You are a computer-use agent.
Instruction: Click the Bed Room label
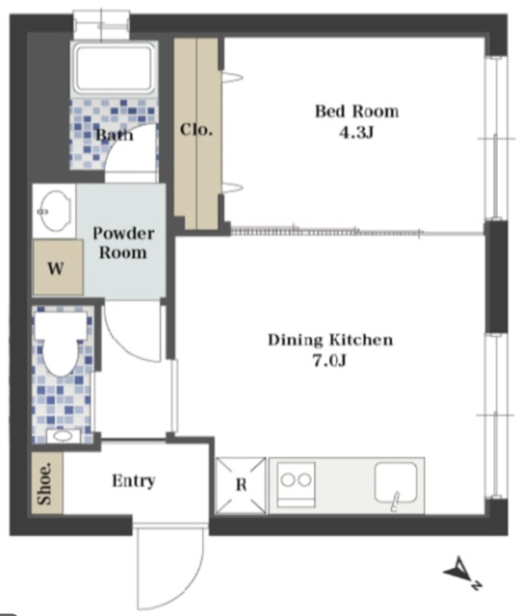click(x=356, y=112)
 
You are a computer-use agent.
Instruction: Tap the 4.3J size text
click(x=356, y=133)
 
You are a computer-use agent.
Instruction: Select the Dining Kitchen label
click(x=330, y=340)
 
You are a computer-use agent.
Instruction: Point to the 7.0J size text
click(x=329, y=360)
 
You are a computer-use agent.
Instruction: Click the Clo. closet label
click(x=196, y=130)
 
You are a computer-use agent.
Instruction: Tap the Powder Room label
click(x=123, y=244)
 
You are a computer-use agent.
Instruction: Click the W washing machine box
click(x=58, y=268)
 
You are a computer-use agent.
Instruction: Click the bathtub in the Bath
click(x=114, y=68)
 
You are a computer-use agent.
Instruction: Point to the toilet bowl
click(x=61, y=343)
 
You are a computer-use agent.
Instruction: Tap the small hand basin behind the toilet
click(x=63, y=436)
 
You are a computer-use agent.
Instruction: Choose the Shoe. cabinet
click(x=47, y=483)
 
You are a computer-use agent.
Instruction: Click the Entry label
click(x=134, y=481)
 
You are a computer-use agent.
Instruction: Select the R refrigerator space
click(x=241, y=485)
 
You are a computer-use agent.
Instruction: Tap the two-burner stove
click(x=297, y=484)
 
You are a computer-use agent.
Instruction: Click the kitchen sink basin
click(x=396, y=482)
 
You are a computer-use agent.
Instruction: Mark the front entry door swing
click(x=169, y=568)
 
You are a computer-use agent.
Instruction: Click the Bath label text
click(x=115, y=135)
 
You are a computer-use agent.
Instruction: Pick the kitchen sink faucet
click(x=395, y=501)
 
